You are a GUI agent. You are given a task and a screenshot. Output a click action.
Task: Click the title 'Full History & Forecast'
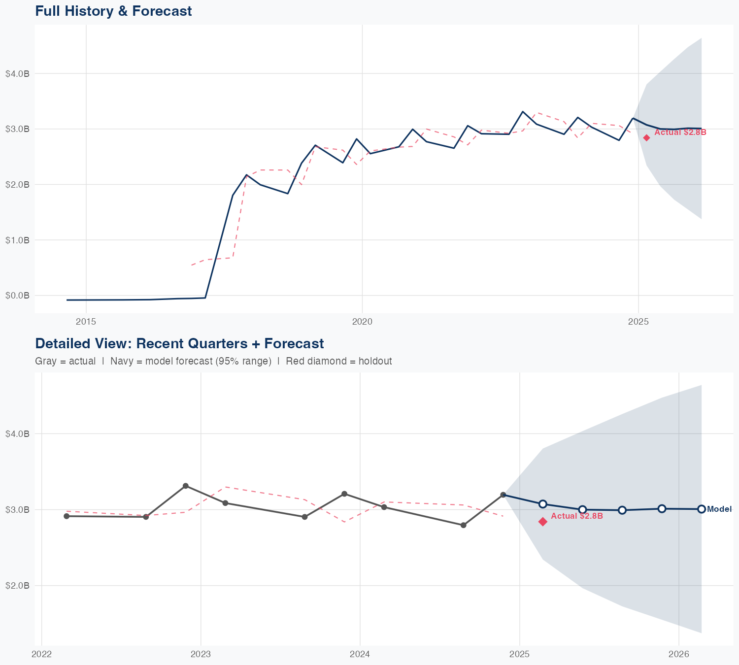(x=113, y=11)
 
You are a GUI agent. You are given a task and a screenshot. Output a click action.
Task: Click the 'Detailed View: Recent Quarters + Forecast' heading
(x=179, y=343)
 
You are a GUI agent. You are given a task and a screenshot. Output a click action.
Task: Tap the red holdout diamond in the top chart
(x=646, y=138)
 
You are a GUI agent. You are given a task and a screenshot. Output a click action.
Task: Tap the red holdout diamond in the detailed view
(x=543, y=522)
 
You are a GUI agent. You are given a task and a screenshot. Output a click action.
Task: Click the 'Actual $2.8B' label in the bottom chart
(x=576, y=516)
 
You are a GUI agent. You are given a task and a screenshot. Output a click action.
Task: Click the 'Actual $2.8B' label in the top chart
(x=680, y=133)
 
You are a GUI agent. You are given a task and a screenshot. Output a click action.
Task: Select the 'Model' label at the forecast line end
(x=719, y=509)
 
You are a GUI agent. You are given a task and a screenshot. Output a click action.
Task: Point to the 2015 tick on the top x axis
(x=86, y=322)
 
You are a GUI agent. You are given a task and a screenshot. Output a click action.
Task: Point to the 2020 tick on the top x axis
(x=362, y=322)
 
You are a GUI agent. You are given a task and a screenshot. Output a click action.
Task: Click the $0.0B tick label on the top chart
(x=18, y=296)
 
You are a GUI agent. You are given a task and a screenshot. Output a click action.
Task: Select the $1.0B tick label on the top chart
(x=18, y=240)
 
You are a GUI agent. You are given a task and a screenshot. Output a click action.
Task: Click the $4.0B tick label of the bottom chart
(x=18, y=434)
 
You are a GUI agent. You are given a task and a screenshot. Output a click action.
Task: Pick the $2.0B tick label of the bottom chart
(x=18, y=586)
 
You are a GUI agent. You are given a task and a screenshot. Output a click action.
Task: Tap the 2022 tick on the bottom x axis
(x=41, y=654)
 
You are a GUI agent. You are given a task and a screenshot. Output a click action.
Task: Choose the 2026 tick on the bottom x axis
(x=679, y=654)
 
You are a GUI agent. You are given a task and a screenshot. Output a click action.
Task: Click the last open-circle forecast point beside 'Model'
(x=701, y=509)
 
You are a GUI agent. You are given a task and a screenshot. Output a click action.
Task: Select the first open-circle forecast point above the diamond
(x=543, y=504)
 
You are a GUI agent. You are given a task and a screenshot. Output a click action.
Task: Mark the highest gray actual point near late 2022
(x=186, y=486)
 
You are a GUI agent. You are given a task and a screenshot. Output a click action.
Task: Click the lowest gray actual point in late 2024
(x=463, y=525)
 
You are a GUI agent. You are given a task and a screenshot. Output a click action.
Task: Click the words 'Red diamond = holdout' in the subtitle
(x=338, y=361)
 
